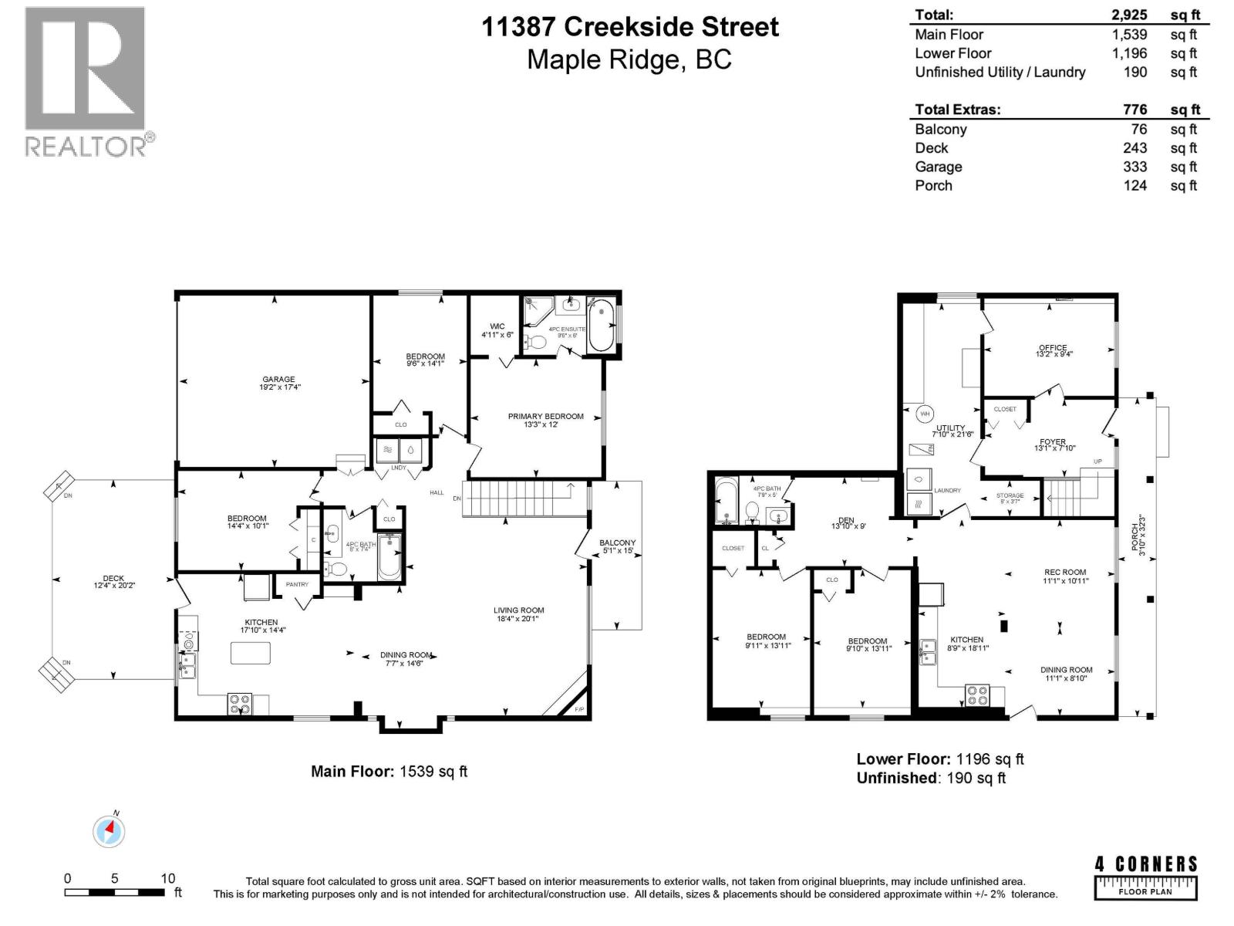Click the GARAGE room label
coord(278,379)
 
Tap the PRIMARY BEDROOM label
coord(545,416)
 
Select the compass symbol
coord(109,832)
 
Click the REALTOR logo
coord(86,81)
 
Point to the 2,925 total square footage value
coord(1129,15)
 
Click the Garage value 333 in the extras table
coord(1135,167)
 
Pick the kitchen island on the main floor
coord(251,653)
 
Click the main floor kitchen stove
coord(239,704)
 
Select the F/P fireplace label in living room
coord(579,708)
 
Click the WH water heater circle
coord(925,414)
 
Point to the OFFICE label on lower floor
coord(1053,347)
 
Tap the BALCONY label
coord(617,543)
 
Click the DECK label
coord(113,578)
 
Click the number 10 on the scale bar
coord(167,878)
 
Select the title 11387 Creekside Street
coord(630,27)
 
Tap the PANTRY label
coord(297,584)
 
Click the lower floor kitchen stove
coord(978,695)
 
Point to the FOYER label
coord(1053,442)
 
